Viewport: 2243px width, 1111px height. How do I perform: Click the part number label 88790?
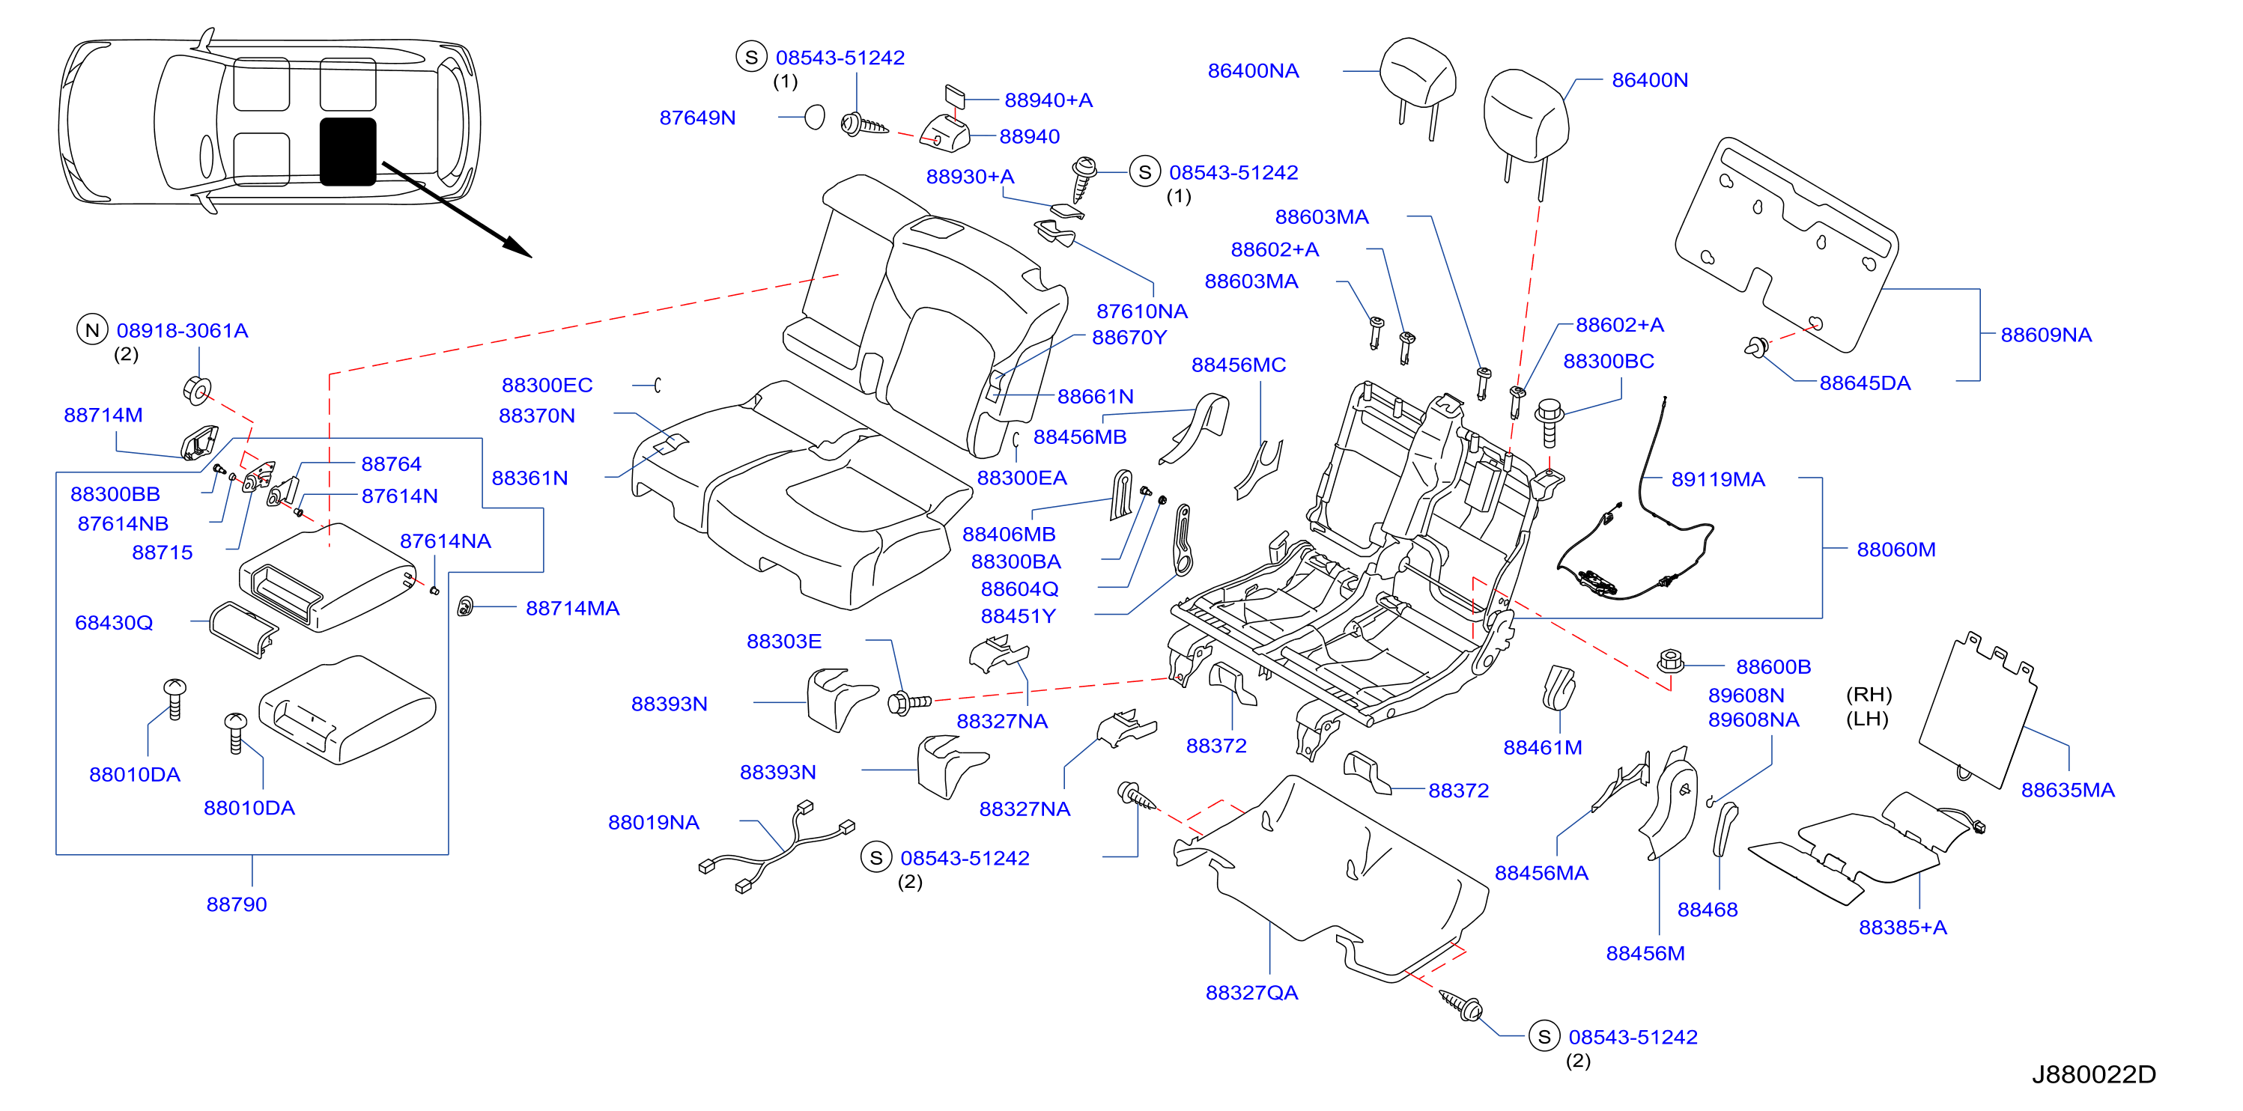[237, 904]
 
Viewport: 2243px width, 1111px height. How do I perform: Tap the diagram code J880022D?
[2093, 1074]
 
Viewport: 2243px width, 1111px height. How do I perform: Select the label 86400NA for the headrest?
[1253, 70]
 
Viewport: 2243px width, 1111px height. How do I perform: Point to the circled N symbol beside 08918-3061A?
[92, 330]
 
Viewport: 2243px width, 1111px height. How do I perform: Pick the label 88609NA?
[2045, 335]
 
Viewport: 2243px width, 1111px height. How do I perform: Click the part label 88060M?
[1896, 550]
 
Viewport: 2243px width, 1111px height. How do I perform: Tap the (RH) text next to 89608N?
[1869, 695]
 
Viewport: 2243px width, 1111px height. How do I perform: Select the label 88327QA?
[1251, 993]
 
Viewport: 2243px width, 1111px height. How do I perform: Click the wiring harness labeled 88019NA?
[777, 848]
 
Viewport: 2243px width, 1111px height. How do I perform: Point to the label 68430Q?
[114, 623]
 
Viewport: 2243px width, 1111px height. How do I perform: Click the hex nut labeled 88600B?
[1670, 662]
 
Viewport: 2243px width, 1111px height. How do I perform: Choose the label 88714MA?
[572, 608]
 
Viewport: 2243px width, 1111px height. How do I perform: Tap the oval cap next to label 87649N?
[814, 117]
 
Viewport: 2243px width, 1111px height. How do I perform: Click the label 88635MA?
[2067, 790]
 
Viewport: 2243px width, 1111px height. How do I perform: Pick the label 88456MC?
[1238, 365]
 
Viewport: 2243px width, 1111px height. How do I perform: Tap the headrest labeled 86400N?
[1526, 122]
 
